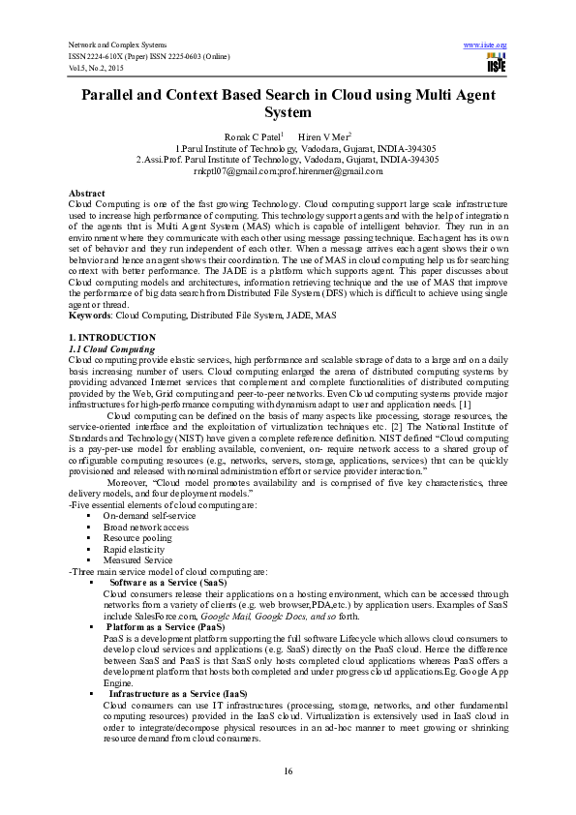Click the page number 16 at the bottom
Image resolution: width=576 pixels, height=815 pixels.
(x=288, y=770)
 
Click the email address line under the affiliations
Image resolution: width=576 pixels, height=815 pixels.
(x=288, y=171)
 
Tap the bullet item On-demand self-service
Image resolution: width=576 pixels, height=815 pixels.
(x=148, y=516)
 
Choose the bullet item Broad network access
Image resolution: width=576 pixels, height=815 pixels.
(x=145, y=527)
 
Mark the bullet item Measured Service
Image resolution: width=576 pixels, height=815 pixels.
(x=137, y=559)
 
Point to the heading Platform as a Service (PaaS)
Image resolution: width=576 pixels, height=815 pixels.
(x=167, y=627)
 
